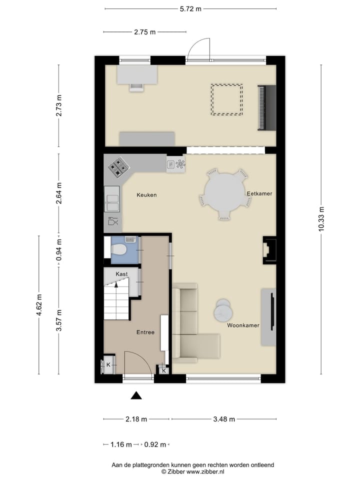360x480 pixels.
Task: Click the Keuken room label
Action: point(146,195)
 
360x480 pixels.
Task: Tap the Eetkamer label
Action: point(259,193)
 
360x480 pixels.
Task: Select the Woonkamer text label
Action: point(243,325)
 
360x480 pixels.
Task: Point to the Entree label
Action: point(145,332)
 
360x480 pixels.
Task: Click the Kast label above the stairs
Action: point(121,274)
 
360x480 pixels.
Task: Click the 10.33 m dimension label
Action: point(321,219)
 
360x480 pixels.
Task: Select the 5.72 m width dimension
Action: point(190,9)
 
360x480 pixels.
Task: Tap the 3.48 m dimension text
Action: point(224,419)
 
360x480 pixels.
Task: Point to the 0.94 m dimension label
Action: point(59,250)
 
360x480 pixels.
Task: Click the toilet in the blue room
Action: point(119,250)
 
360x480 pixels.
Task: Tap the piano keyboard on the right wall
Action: point(266,108)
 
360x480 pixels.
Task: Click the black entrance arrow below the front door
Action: point(136,395)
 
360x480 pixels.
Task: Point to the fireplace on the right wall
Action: point(269,250)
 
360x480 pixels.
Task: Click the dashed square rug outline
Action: point(226,100)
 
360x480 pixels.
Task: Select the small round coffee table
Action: point(223,311)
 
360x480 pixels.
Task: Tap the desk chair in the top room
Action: point(136,87)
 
